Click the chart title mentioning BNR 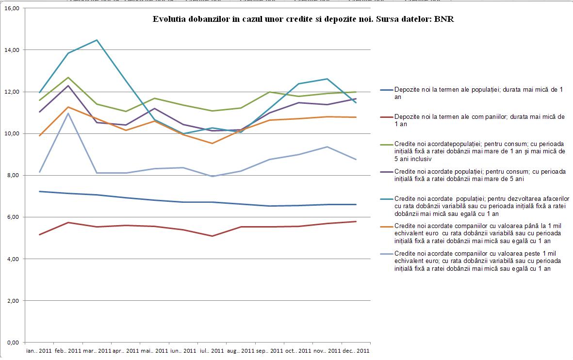click(303, 19)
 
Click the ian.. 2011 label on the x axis click(39, 350)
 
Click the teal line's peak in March click(97, 40)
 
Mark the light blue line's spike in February click(68, 113)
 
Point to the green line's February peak click(68, 78)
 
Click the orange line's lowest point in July click(212, 143)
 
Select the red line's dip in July click(212, 236)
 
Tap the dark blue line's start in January click(39, 191)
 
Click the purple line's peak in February click(68, 86)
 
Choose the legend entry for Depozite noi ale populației click(478, 93)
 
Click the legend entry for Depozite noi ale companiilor click(478, 120)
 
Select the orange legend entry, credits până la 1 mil click(478, 233)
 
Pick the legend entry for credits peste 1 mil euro click(478, 261)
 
